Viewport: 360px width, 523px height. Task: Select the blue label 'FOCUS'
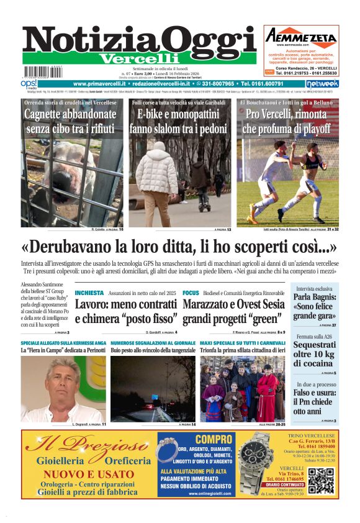coord(191,293)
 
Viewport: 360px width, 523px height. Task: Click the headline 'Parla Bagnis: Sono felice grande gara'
coord(315,306)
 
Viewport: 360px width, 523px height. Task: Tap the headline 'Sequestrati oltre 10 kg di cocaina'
coord(315,354)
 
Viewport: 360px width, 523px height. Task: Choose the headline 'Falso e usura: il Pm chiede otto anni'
coord(315,402)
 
